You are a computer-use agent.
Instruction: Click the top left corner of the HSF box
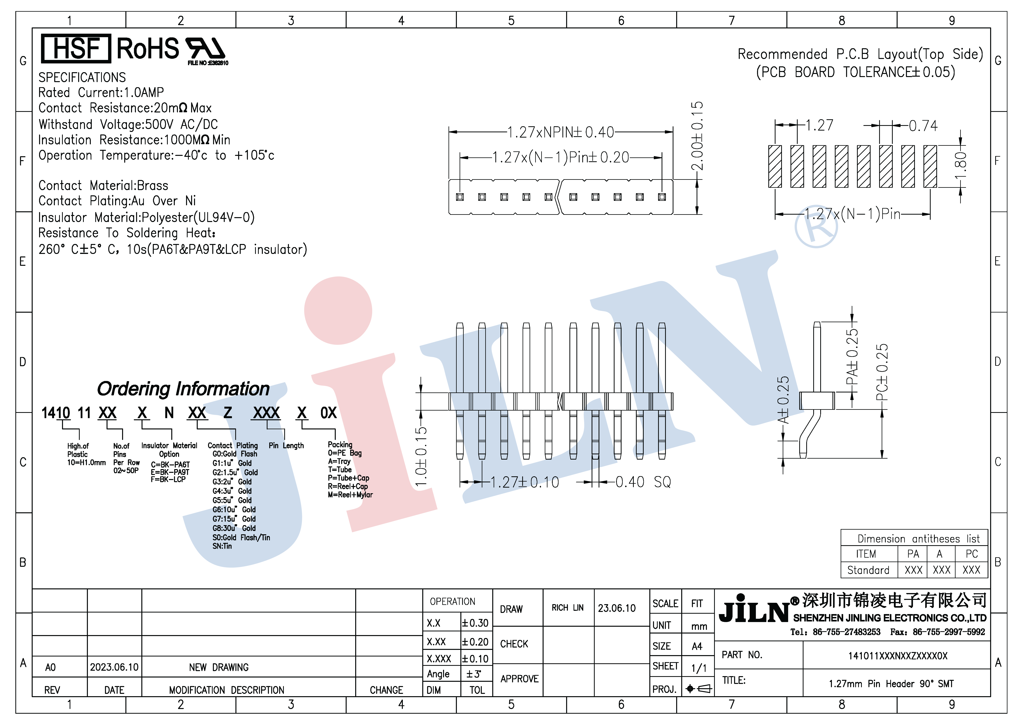(41, 34)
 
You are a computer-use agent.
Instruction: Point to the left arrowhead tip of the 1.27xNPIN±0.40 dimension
(449, 132)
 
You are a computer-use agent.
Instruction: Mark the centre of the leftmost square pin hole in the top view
(460, 197)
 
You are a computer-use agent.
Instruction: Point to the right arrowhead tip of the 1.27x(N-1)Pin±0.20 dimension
(662, 157)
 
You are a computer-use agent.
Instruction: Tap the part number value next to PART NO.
(898, 656)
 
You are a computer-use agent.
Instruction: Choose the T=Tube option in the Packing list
(340, 470)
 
